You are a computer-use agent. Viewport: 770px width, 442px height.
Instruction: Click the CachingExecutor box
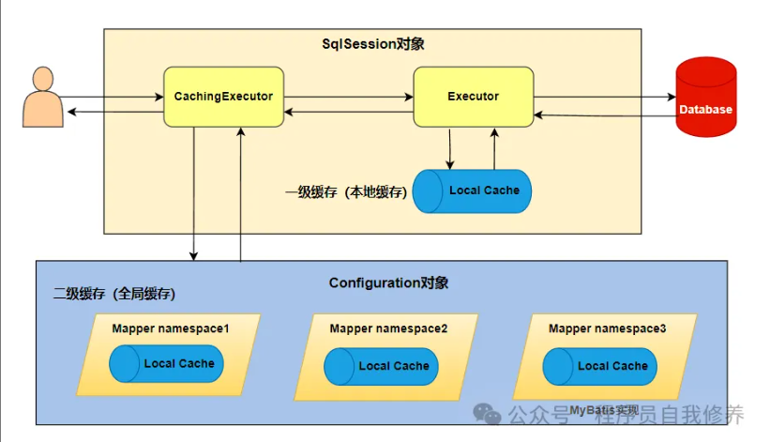(x=223, y=97)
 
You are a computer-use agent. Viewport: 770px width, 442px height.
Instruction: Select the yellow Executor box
(x=473, y=97)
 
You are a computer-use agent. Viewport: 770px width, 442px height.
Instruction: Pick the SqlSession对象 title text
(x=373, y=44)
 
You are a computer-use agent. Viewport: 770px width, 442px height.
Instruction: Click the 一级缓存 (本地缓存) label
(x=346, y=192)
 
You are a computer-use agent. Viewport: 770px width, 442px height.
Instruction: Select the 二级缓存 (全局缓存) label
(x=113, y=294)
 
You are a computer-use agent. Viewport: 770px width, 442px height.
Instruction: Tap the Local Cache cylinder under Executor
(x=473, y=191)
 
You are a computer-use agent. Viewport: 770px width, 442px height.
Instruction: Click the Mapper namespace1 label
(x=171, y=328)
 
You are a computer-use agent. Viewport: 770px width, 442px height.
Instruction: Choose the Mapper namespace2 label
(x=388, y=328)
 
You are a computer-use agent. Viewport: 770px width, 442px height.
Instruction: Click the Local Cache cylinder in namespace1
(x=167, y=364)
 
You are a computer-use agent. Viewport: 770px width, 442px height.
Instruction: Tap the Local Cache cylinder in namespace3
(x=602, y=366)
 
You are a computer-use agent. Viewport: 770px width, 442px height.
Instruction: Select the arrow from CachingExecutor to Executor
(x=348, y=97)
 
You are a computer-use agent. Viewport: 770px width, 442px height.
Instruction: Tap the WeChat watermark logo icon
(x=486, y=414)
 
